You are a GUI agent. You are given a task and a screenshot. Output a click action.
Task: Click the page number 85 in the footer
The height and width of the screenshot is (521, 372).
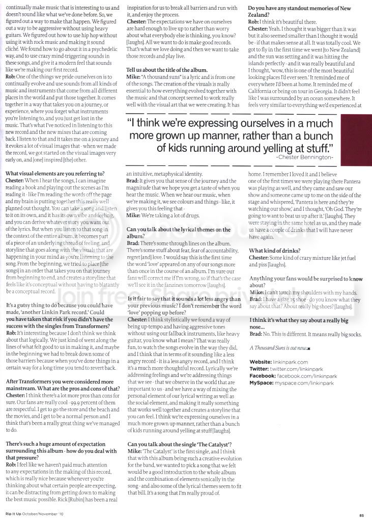pos(362,515)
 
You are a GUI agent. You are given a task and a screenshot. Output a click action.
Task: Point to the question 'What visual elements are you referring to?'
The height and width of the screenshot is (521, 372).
pos(55,174)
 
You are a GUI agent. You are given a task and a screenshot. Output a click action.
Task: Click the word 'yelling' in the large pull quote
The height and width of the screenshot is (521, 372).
pos(277,148)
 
